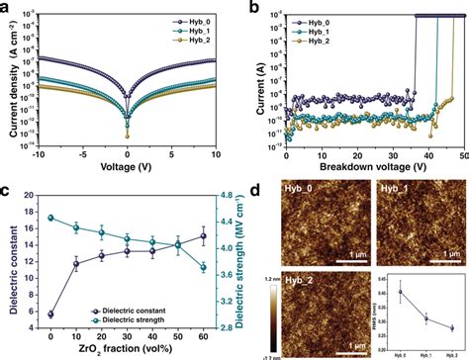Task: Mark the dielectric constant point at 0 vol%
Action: point(50,286)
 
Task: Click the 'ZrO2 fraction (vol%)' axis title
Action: point(127,352)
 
